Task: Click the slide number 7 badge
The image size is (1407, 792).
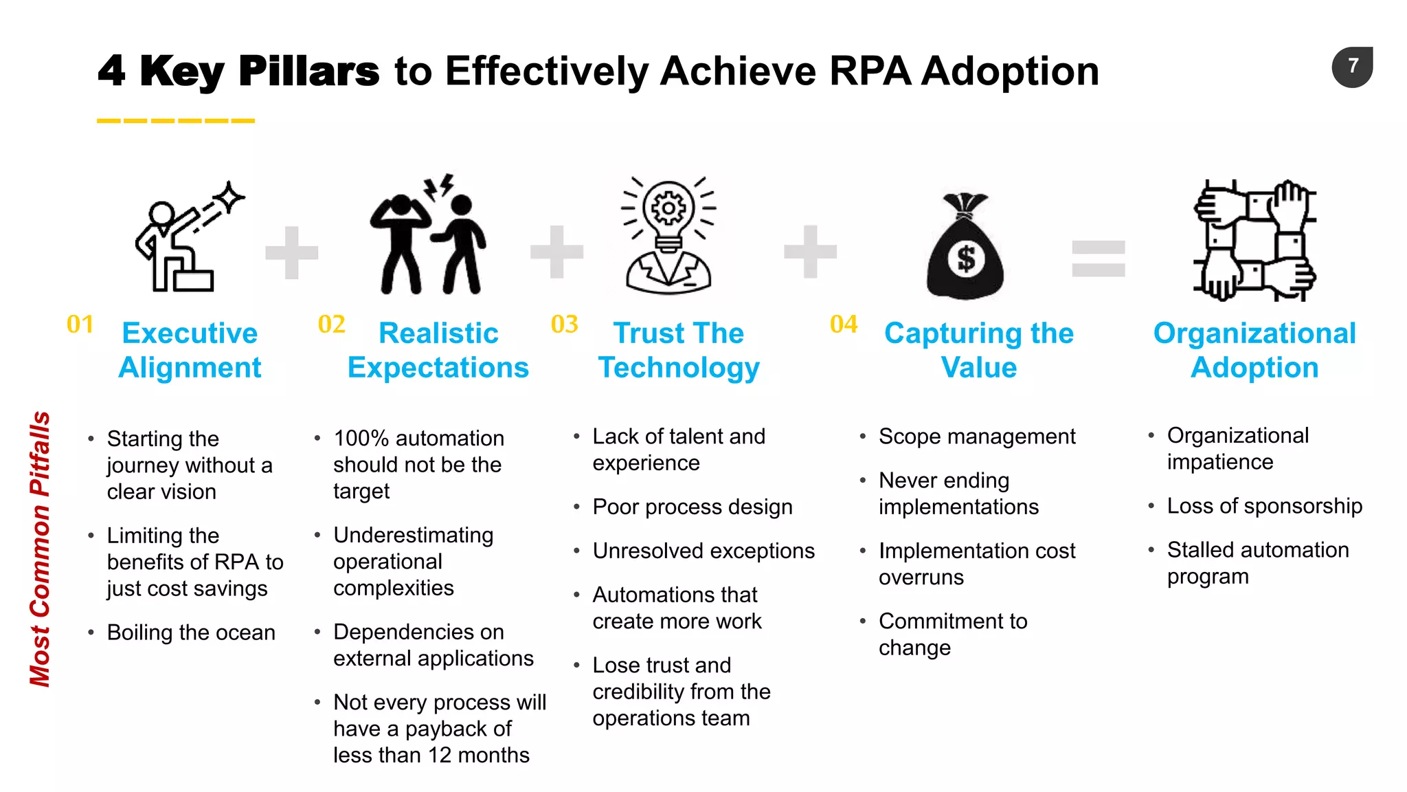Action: pos(1352,67)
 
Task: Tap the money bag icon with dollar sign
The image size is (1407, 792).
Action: pos(965,249)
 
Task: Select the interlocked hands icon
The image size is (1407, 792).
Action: pos(1254,241)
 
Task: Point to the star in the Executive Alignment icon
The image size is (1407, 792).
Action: pos(229,198)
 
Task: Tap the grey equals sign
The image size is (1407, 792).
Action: pos(1099,258)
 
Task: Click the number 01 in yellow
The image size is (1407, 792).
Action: pos(80,324)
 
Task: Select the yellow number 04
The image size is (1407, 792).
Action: pos(844,324)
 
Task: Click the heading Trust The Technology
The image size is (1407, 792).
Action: pos(679,350)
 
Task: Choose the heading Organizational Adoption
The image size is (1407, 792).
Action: pos(1254,350)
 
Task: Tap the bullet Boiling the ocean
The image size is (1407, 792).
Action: pos(191,632)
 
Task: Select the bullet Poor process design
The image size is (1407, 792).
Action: pos(692,507)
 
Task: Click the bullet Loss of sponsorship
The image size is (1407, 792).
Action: pos(1264,506)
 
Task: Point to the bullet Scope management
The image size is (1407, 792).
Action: pos(976,437)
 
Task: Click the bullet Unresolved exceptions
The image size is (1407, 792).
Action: pos(703,551)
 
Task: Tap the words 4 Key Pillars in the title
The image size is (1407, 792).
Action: pos(238,71)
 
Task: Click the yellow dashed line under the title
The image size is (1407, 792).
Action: pos(176,121)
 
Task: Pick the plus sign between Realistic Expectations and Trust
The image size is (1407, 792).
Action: pos(556,252)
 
